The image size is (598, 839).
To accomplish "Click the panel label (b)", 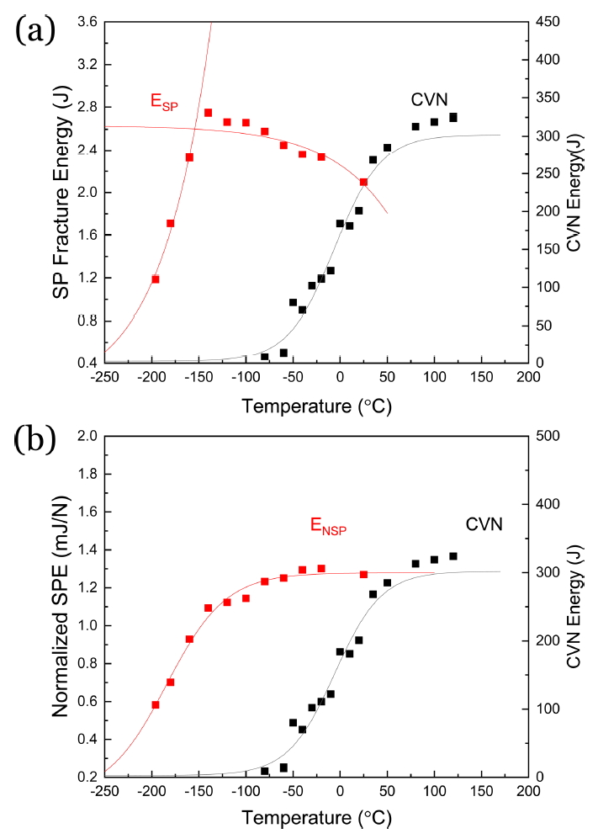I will [x=34, y=440].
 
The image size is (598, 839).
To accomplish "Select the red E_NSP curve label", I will [x=329, y=528].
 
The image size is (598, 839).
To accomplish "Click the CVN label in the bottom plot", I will [x=484, y=524].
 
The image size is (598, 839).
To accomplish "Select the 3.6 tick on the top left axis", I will [x=86, y=21].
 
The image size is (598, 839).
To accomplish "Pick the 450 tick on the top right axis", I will [x=547, y=21].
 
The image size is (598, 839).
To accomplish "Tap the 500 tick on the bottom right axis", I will [x=547, y=436].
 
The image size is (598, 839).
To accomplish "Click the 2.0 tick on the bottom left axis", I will [x=86, y=436].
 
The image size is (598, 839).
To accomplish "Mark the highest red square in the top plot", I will [x=208, y=113].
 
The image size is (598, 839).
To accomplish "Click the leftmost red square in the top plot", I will [x=156, y=279].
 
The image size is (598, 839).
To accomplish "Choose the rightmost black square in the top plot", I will [x=453, y=118].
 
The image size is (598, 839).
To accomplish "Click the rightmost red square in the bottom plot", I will [x=363, y=575].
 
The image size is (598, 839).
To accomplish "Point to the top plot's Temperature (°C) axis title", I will [x=316, y=407].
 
